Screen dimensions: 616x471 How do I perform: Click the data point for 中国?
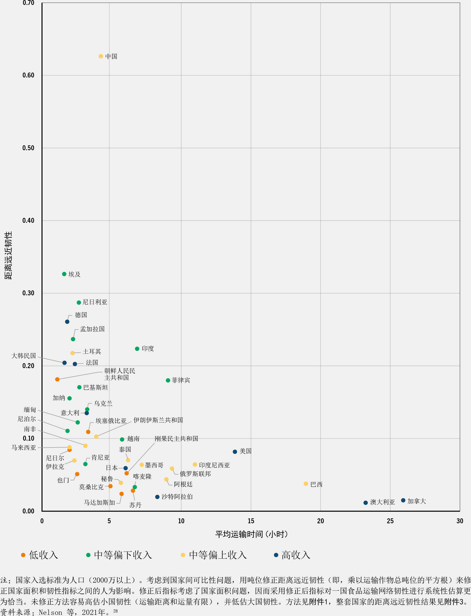point(101,56)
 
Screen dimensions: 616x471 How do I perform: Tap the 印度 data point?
point(137,349)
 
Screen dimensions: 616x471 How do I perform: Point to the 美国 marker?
point(235,451)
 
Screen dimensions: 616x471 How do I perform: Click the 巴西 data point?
point(306,484)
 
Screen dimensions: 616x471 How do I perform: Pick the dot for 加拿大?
point(403,500)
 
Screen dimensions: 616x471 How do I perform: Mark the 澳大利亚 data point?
point(366,503)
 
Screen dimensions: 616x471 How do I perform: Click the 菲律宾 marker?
point(168,380)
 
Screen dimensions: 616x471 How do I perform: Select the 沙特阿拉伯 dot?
point(157,497)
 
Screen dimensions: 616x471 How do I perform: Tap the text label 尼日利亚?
point(95,302)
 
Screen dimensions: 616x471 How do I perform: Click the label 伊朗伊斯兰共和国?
point(158,420)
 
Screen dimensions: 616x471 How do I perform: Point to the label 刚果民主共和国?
point(176,439)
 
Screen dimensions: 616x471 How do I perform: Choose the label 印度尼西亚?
point(214,465)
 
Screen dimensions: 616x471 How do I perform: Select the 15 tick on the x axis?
point(251,521)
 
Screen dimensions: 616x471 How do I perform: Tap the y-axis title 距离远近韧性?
point(8,255)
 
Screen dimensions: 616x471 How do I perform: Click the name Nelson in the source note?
point(50,612)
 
